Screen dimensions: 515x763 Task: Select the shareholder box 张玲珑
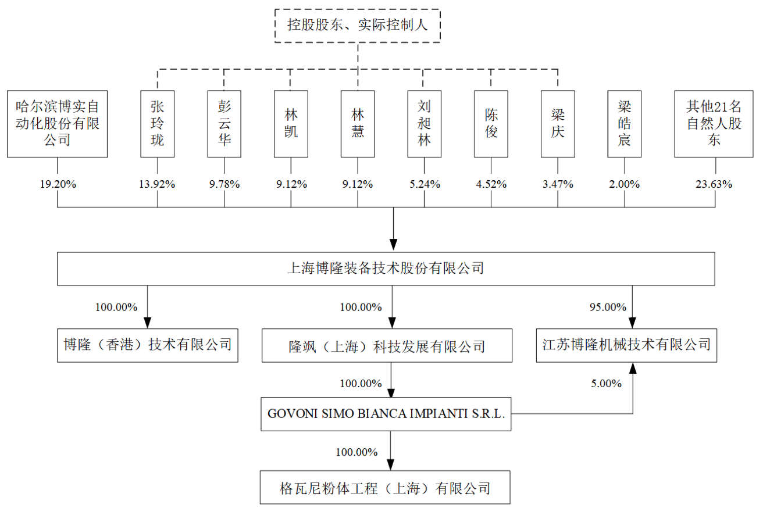[x=157, y=123]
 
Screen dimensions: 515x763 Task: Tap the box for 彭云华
[x=224, y=123]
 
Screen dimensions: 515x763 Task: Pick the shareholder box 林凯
[x=291, y=123]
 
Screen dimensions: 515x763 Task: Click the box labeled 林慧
[x=358, y=123]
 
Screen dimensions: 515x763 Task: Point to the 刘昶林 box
[x=424, y=123]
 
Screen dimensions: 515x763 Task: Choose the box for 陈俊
[x=491, y=123]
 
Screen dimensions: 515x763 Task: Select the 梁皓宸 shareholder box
[x=625, y=123]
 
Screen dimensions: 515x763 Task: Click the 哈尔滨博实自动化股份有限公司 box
[x=57, y=123]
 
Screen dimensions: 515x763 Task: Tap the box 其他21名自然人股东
[x=714, y=123]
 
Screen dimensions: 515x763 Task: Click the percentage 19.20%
[x=57, y=185]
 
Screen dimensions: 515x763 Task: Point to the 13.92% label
[x=157, y=185]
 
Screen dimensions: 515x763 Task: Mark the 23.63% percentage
[x=714, y=185]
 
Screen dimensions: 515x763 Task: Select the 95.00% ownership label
[x=608, y=307]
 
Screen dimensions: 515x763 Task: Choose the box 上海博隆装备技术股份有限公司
[x=386, y=269]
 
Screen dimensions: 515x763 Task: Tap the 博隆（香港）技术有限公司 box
[x=148, y=345]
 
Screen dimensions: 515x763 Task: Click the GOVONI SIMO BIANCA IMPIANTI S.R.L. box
[x=386, y=414]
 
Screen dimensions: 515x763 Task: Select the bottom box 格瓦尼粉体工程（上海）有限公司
[x=385, y=488]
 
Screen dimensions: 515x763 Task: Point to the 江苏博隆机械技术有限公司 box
[x=626, y=345]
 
